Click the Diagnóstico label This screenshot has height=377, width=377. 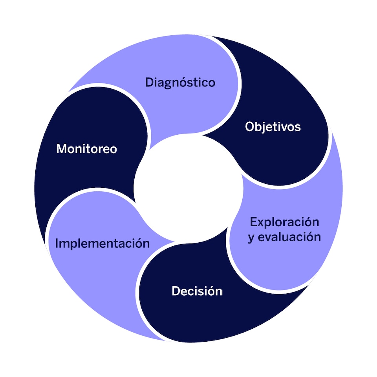click(x=180, y=83)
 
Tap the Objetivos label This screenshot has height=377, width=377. click(x=273, y=127)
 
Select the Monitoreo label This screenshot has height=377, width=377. click(x=87, y=149)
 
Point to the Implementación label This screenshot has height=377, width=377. click(x=102, y=243)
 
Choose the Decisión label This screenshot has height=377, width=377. click(x=197, y=291)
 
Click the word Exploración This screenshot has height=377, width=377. click(x=285, y=222)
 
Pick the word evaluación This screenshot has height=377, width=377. click(x=289, y=237)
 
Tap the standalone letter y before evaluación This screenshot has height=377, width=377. click(x=251, y=238)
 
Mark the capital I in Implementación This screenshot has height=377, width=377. click(x=57, y=243)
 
